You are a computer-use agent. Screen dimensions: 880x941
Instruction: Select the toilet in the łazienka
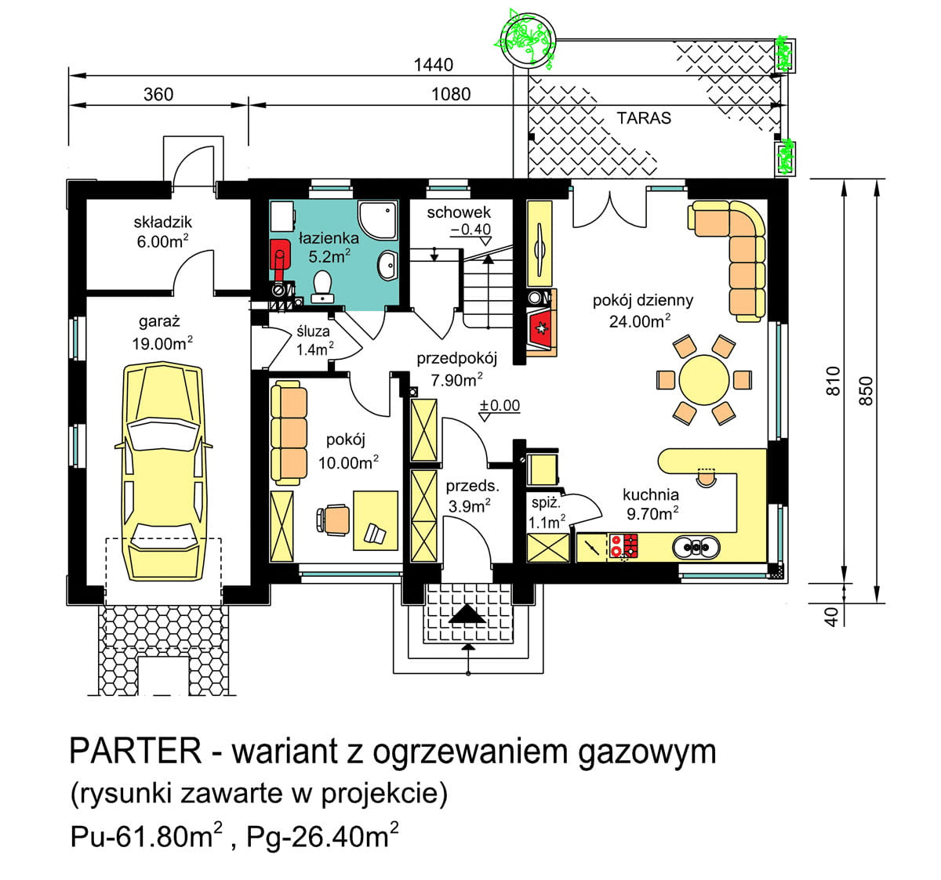click(x=322, y=287)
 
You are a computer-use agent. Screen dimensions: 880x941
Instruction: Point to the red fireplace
click(x=541, y=328)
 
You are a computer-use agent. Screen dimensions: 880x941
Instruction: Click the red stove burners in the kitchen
click(x=623, y=545)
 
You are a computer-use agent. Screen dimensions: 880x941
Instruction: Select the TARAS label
click(x=644, y=118)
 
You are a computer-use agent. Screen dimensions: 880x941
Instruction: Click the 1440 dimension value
click(x=433, y=65)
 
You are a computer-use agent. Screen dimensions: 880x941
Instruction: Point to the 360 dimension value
click(x=158, y=95)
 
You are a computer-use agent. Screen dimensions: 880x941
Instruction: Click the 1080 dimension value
click(x=451, y=95)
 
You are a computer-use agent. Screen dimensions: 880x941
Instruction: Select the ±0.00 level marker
click(x=500, y=406)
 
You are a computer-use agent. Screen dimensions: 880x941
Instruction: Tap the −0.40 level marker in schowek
click(x=470, y=230)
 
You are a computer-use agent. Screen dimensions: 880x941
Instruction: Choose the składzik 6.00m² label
click(x=162, y=232)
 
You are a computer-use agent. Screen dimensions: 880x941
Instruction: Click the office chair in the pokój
click(x=335, y=519)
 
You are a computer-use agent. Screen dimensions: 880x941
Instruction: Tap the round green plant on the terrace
click(x=525, y=37)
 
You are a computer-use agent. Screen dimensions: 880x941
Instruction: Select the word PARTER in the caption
click(x=136, y=751)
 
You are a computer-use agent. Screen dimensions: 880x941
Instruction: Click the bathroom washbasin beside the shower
click(x=387, y=265)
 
